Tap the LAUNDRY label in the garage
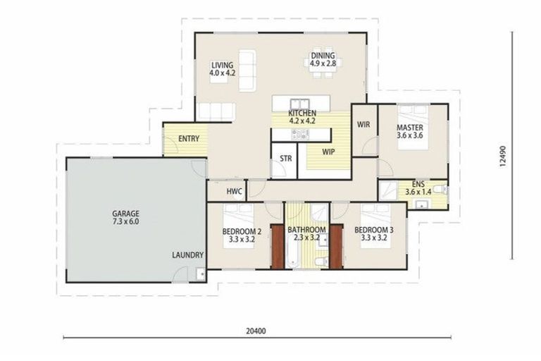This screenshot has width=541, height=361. pyautogui.click(x=187, y=255)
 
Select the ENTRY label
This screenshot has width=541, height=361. pyautogui.click(x=187, y=138)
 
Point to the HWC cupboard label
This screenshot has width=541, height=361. pyautogui.click(x=234, y=191)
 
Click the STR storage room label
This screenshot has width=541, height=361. pyautogui.click(x=285, y=159)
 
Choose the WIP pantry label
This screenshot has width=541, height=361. pyautogui.click(x=328, y=152)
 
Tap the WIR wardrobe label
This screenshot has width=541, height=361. pyautogui.click(x=363, y=125)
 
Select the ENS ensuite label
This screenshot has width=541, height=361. pyautogui.click(x=418, y=185)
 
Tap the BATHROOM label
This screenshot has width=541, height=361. pyautogui.click(x=306, y=231)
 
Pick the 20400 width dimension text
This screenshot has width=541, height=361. pyautogui.click(x=256, y=330)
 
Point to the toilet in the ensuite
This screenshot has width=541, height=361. pyautogui.click(x=438, y=189)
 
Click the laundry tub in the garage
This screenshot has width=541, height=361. pyautogui.click(x=201, y=273)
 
